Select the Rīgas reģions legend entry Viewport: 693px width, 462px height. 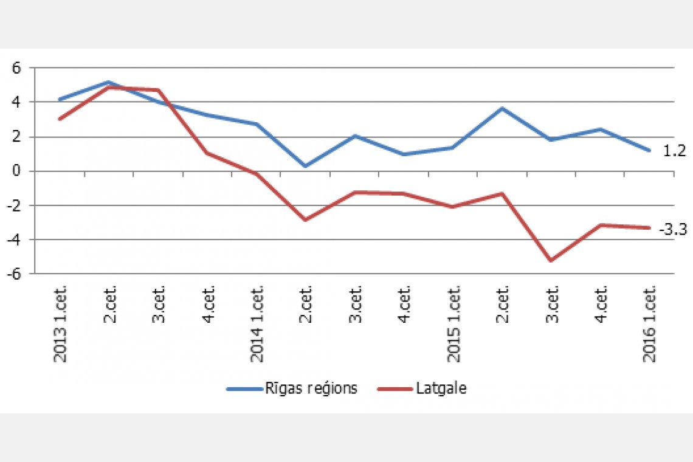pos(292,388)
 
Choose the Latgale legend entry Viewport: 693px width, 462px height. pos(422,388)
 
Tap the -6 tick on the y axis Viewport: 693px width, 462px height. pos(15,274)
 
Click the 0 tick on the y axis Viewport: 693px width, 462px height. pos(17,171)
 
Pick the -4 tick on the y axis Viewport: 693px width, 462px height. pos(15,240)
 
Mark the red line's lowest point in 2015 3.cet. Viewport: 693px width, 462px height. pos(551,261)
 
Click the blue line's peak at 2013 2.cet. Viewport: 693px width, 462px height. pos(109,82)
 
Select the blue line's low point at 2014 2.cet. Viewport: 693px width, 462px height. pos(305,166)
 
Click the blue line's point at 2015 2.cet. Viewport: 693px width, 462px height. pos(502,109)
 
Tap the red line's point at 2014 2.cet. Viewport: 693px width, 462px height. pos(305,220)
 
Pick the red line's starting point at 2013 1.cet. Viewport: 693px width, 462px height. pos(60,119)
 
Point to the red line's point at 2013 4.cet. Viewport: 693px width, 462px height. pos(207,153)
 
